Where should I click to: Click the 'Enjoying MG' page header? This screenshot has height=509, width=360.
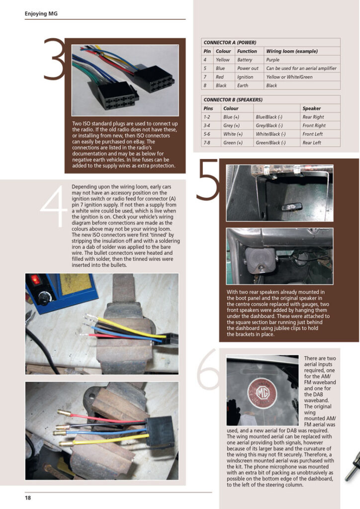coord(41,13)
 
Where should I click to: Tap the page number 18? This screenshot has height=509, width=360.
coord(28,498)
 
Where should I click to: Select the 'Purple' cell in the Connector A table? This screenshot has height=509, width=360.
coord(272,60)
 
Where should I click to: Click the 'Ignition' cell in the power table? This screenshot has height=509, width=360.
coord(245,77)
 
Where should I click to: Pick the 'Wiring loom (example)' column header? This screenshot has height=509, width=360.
coord(292,51)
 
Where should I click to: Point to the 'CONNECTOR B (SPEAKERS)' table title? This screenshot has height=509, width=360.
coord(233,99)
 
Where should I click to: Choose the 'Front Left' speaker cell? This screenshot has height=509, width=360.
coord(312,134)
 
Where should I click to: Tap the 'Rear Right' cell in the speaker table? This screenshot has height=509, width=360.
coord(313,117)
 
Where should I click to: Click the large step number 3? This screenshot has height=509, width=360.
coord(54,59)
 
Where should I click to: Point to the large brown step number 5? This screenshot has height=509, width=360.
coord(208,179)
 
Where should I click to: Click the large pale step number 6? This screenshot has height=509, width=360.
coord(208,369)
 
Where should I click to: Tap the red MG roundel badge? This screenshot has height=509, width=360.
coord(263,393)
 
